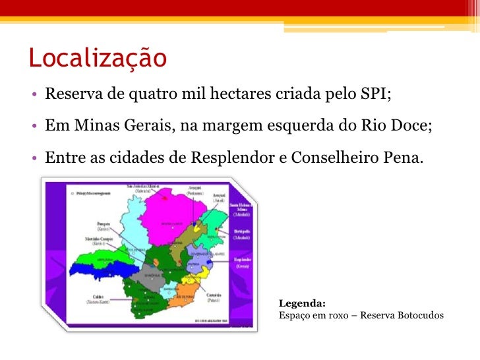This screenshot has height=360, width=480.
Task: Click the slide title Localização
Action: (x=98, y=58)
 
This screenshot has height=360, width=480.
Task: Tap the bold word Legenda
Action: (x=302, y=303)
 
